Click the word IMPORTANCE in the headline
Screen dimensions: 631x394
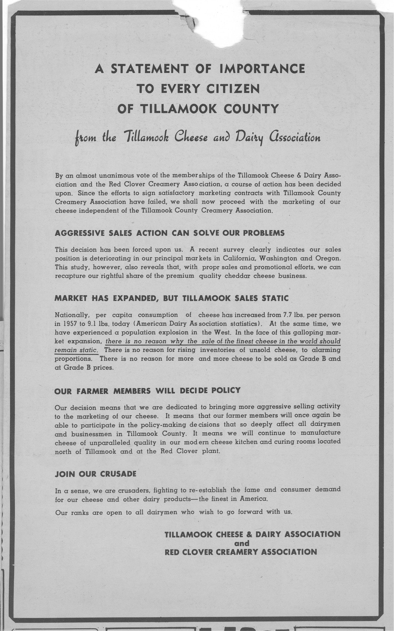(x=262, y=69)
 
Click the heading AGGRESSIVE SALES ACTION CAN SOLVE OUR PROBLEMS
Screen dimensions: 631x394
(x=170, y=233)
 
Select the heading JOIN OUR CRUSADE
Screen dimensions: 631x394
(x=96, y=474)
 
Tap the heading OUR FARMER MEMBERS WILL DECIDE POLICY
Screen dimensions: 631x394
(x=147, y=390)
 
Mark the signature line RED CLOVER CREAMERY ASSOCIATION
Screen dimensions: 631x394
(x=241, y=552)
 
